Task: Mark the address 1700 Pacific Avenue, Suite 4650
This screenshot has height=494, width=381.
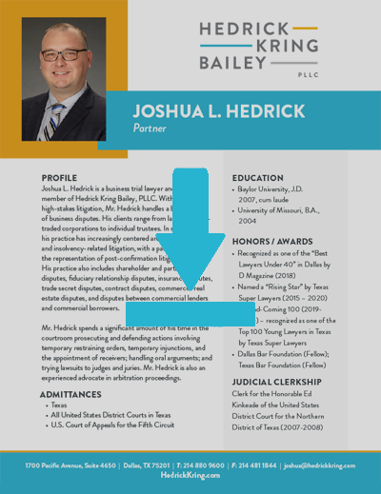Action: pos(70,465)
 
